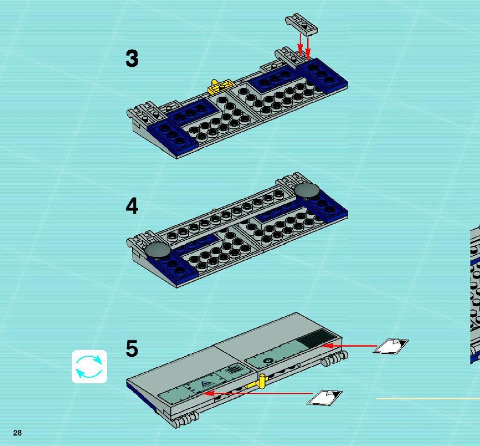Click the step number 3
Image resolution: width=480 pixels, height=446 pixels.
(x=132, y=58)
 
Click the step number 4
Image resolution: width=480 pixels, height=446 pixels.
(x=132, y=206)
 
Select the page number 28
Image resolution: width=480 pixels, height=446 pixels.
(x=17, y=433)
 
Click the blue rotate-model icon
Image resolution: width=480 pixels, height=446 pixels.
(x=89, y=366)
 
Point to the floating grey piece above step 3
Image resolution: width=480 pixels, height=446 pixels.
(x=301, y=23)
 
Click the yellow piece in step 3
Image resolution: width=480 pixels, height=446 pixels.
(x=220, y=86)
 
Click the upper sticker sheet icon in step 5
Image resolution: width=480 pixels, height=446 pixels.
(x=391, y=346)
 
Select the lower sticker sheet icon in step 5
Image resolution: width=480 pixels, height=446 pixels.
(x=324, y=397)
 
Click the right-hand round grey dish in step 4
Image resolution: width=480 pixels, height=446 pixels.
(x=307, y=190)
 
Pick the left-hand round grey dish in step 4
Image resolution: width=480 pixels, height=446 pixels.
(x=158, y=250)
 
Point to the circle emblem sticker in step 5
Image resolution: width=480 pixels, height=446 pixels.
(x=268, y=361)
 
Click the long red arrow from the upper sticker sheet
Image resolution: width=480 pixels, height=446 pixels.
(x=349, y=346)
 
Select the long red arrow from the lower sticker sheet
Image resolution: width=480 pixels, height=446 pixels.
(x=258, y=393)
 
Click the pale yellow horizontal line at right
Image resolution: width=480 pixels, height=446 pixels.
(x=428, y=398)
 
